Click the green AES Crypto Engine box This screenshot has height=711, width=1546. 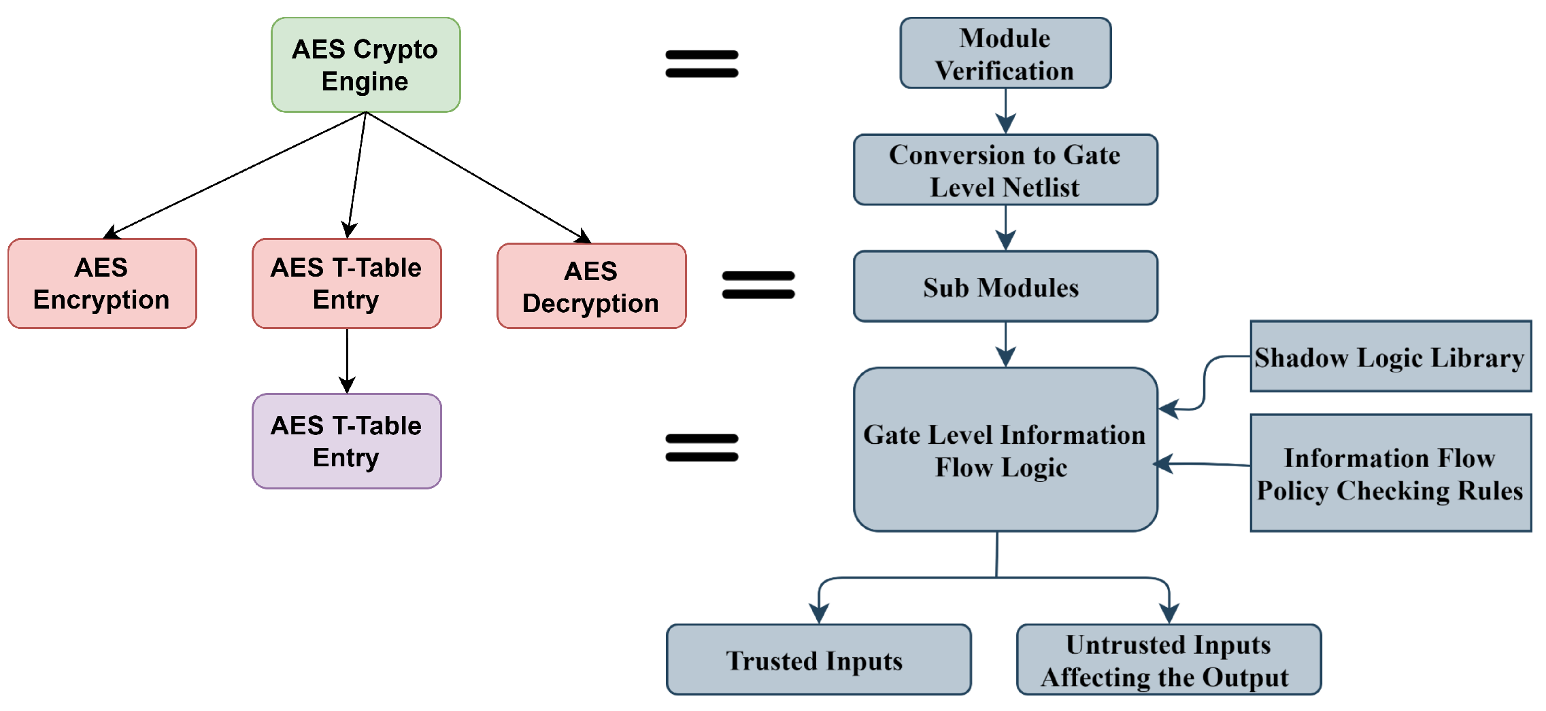pos(365,65)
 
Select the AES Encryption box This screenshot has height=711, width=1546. pos(102,283)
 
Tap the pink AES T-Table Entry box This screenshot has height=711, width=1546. pos(346,283)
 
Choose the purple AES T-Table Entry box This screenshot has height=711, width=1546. pos(346,441)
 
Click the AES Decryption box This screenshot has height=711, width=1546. pos(591,286)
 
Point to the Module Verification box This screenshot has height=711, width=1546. pos(1005,54)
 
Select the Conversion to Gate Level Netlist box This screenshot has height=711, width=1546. pos(1005,170)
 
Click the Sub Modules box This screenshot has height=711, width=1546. pos(1005,287)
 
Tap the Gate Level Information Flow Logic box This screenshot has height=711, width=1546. pos(1005,450)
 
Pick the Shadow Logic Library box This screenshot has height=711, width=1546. pos(1390,357)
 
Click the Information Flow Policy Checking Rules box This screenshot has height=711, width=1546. pos(1390,473)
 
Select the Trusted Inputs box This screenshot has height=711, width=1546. pos(818,660)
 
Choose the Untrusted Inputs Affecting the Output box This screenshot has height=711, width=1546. pos(1168,660)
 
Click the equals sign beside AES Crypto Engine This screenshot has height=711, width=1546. pos(701,64)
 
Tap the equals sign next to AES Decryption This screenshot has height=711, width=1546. pos(758,285)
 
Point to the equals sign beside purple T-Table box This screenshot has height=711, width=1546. pos(701,448)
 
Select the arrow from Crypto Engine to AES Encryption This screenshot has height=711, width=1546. pos(235,175)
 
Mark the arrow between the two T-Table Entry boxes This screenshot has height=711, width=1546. pos(347,360)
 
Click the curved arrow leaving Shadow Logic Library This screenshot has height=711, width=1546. pos(1205,381)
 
